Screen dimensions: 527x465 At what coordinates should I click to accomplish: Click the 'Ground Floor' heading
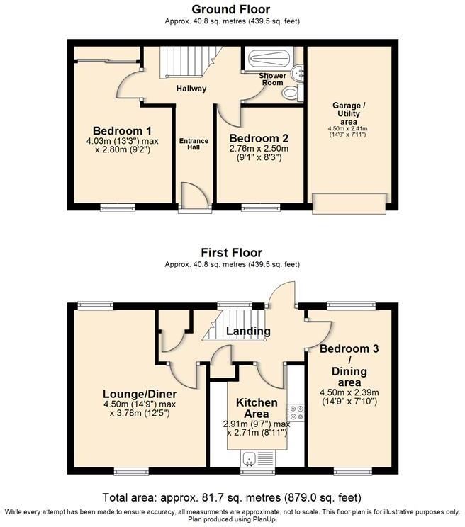coord(232,9)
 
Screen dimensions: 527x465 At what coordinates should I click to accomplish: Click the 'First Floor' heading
coord(232,253)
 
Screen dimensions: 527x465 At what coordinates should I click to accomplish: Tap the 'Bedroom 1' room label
coord(122,130)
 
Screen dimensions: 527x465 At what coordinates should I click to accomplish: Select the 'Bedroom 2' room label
coord(259,138)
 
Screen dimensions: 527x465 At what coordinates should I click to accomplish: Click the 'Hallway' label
coord(191,89)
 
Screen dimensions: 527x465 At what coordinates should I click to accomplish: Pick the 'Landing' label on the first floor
coord(248,331)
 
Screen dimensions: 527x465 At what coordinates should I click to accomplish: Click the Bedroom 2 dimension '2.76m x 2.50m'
coord(259,149)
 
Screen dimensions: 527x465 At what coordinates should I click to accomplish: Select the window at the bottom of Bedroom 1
coord(118,208)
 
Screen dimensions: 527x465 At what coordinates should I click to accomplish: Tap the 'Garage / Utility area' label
coord(347,113)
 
